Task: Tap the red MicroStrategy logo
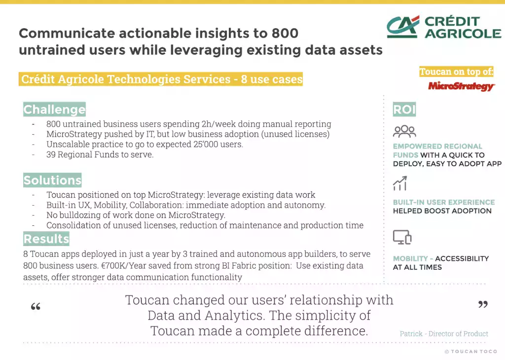point(461,86)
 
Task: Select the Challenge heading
point(54,109)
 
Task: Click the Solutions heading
point(52,180)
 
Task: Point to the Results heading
point(46,239)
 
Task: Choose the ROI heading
point(404,109)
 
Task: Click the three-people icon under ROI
point(404,131)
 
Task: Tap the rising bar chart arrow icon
point(400,183)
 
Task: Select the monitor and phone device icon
point(402,237)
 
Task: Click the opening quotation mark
point(36,306)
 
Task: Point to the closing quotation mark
point(483,304)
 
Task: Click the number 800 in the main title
point(285,33)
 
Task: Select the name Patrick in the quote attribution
point(411,333)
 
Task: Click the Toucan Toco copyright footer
point(471,352)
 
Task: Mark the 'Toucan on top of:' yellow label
point(456,72)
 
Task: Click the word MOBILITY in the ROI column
point(410,258)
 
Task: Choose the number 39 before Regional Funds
point(51,154)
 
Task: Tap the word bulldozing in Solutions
point(78,215)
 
